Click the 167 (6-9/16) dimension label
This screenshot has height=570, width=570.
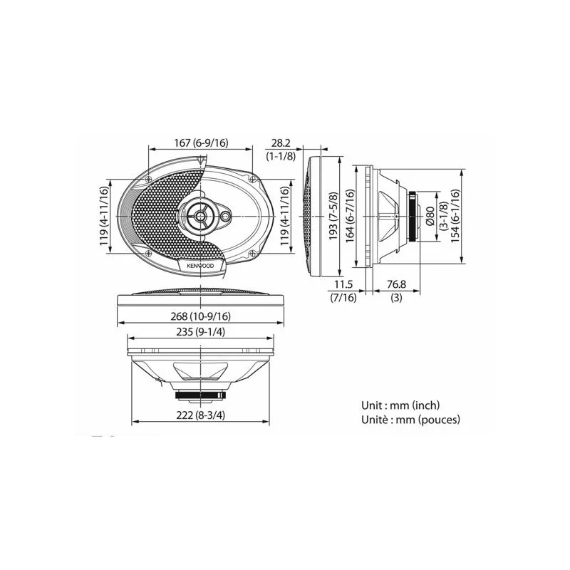click(x=201, y=143)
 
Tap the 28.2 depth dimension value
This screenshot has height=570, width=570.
click(x=281, y=143)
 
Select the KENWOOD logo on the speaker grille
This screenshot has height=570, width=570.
click(x=200, y=266)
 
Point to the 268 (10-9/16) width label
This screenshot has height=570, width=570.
click(x=201, y=316)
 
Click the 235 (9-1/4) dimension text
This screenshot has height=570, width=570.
click(x=201, y=332)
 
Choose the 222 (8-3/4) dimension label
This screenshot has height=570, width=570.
click(x=201, y=415)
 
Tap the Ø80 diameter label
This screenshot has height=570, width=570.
click(x=430, y=217)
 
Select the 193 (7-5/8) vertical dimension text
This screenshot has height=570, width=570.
click(x=333, y=216)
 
